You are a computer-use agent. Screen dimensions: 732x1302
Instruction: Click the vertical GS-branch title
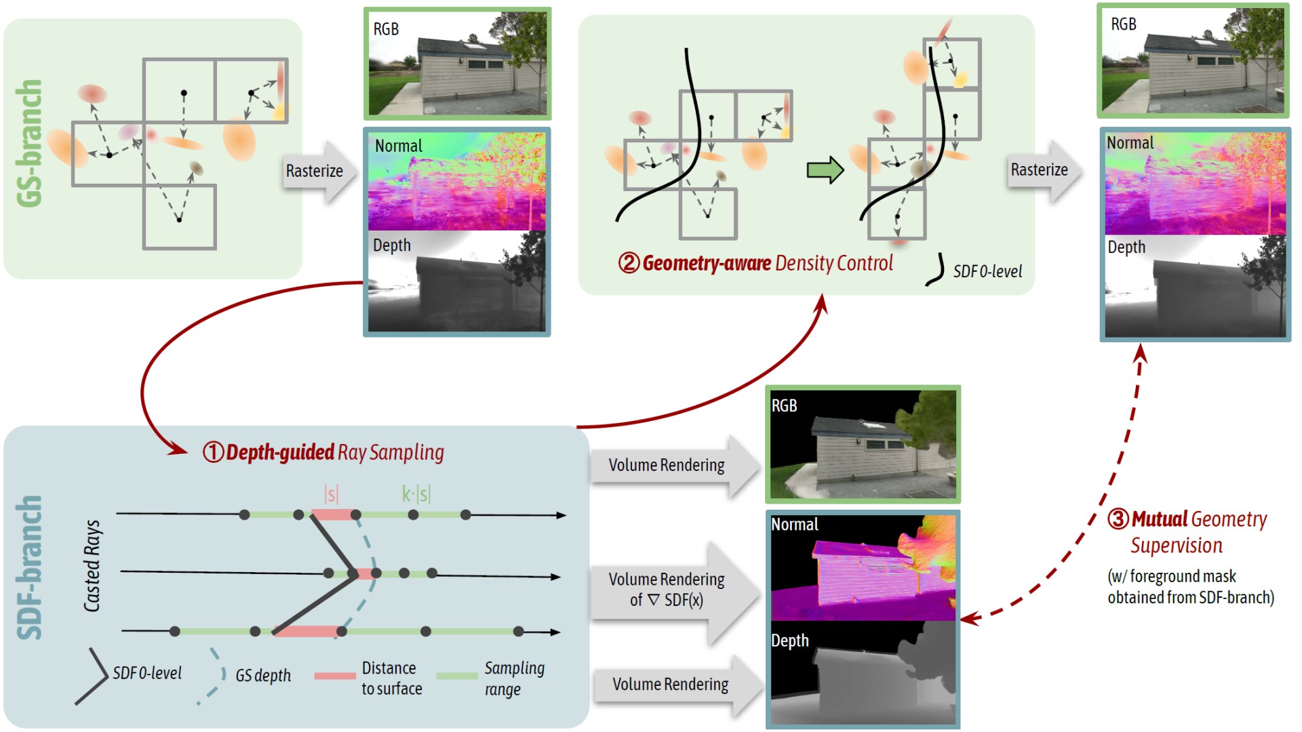(29, 143)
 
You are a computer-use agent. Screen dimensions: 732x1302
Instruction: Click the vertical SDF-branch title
(29, 568)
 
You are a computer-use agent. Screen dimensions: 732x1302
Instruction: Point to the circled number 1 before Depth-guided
(213, 452)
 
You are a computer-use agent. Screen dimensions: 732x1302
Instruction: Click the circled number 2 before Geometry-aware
(629, 263)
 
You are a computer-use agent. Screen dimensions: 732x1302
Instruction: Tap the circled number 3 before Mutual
(1118, 519)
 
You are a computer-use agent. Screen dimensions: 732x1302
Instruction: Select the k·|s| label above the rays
(416, 493)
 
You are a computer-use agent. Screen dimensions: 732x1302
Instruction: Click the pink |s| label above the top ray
(331, 494)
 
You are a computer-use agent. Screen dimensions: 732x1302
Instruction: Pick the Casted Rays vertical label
(92, 566)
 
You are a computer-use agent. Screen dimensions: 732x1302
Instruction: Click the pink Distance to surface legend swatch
(335, 676)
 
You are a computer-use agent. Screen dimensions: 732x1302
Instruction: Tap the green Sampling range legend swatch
(457, 676)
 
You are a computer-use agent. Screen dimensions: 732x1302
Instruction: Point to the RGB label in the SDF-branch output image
(784, 405)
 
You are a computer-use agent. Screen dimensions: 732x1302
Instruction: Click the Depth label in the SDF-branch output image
(789, 640)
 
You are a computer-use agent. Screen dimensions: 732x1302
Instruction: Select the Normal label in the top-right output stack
(1130, 143)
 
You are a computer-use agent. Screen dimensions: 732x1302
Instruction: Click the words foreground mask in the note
(1183, 576)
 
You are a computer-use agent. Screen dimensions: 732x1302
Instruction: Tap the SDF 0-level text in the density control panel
(987, 271)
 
